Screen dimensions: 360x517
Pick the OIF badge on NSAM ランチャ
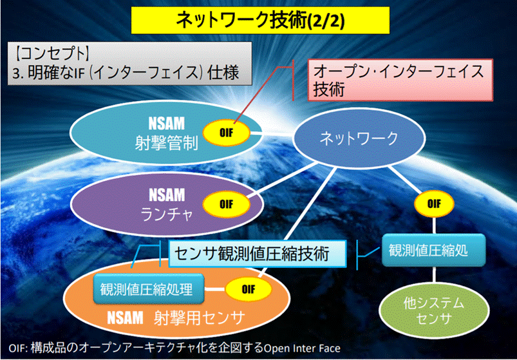point(226,205)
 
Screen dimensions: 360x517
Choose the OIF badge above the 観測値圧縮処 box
point(433,204)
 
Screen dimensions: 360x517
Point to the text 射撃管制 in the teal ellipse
point(166,140)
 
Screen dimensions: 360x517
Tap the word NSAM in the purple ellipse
point(166,194)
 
